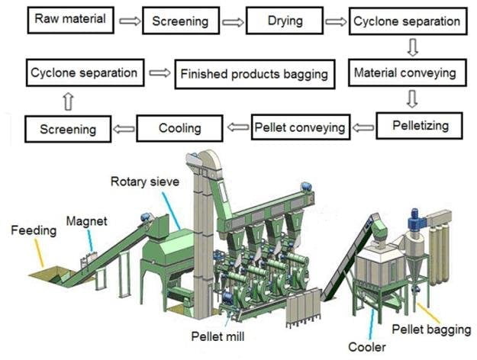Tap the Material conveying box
click(x=404, y=73)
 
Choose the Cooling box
click(x=179, y=127)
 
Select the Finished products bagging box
click(x=254, y=74)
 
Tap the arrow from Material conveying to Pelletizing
click(x=413, y=98)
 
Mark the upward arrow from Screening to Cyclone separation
click(x=68, y=101)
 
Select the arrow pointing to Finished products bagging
click(x=160, y=74)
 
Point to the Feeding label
click(x=34, y=230)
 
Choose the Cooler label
click(x=369, y=347)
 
